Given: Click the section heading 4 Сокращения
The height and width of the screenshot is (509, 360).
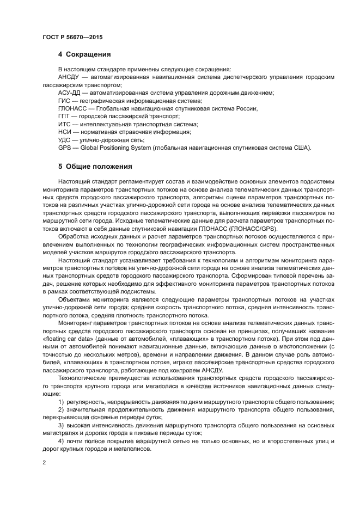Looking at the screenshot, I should coord(84,54).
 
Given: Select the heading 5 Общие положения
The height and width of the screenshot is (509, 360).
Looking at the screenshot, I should coord(95,166).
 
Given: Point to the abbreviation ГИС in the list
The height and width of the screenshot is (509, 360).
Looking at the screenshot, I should coord(64,101).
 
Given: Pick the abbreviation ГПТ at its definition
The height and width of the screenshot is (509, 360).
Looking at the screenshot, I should coord(64,116).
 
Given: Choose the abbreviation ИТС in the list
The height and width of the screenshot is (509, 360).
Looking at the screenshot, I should coord(64,124).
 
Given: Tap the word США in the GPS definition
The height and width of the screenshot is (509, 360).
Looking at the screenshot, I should coord(301,148).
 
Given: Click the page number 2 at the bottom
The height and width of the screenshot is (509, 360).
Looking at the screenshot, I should coord(44,462).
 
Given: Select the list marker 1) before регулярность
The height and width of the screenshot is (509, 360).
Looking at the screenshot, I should coord(61,402).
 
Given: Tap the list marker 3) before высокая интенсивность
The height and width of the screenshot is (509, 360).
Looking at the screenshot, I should coord(61,425).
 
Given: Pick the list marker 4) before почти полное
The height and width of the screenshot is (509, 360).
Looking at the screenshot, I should coord(61,440).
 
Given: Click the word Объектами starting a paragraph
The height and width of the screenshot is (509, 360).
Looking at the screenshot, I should coord(75,299).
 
